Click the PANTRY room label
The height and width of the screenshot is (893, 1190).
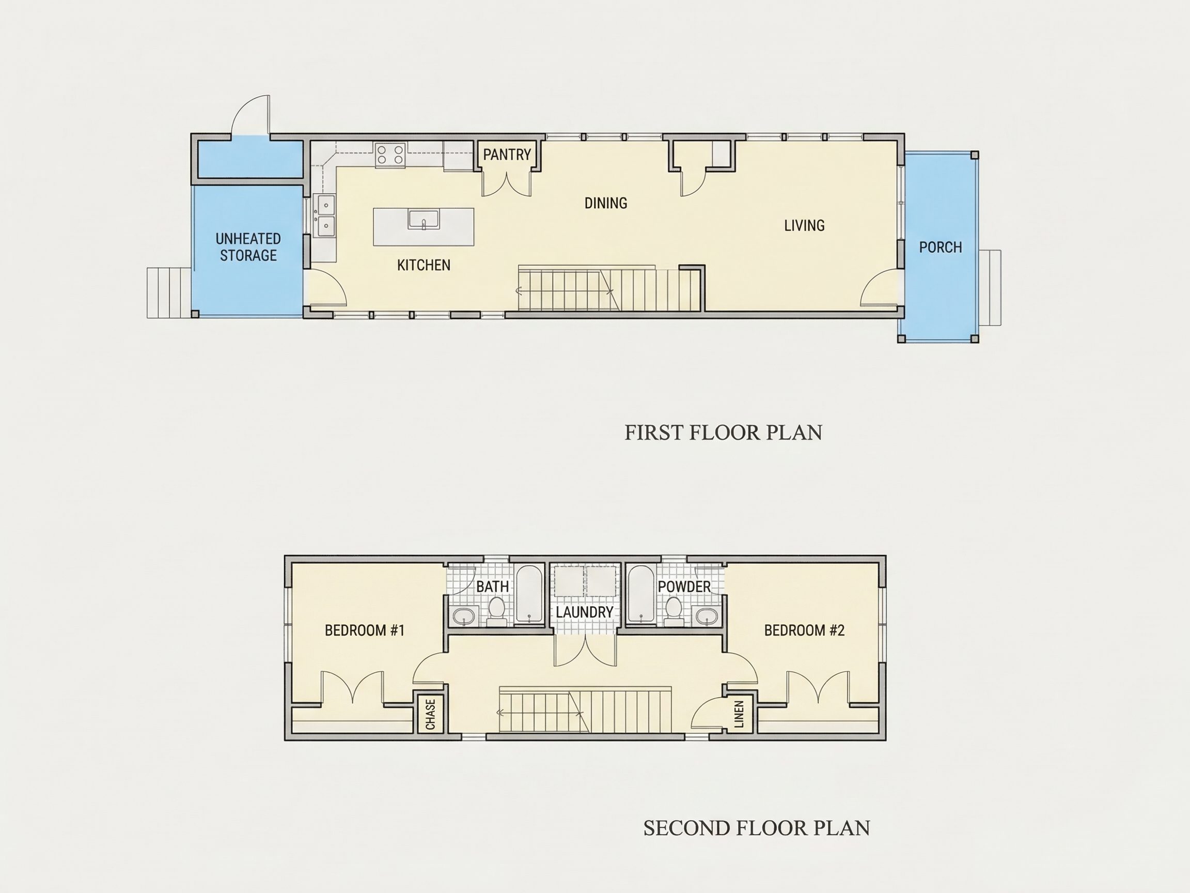(x=507, y=155)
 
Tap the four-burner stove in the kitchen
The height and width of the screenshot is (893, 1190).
(x=390, y=155)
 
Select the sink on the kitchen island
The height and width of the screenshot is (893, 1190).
(x=424, y=220)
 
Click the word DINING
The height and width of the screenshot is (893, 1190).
(x=606, y=203)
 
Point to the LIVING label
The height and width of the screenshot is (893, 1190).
(x=804, y=225)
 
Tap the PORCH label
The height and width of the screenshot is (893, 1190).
(x=941, y=248)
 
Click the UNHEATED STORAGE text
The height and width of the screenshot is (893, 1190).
(x=248, y=247)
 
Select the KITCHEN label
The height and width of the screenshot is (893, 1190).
(x=424, y=265)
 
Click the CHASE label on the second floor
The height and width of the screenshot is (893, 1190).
(x=430, y=714)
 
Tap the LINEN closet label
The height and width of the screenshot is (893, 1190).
(x=739, y=714)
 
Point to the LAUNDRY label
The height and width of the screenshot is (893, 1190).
(x=585, y=612)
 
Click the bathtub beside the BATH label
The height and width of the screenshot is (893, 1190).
(x=529, y=594)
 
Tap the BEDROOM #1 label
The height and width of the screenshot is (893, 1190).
(x=365, y=630)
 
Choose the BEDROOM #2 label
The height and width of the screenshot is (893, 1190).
(x=804, y=630)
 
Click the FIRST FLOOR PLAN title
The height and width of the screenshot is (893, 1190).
(x=724, y=433)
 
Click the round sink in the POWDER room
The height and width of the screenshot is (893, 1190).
(x=707, y=616)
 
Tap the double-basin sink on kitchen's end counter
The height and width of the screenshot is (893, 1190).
(x=325, y=215)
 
